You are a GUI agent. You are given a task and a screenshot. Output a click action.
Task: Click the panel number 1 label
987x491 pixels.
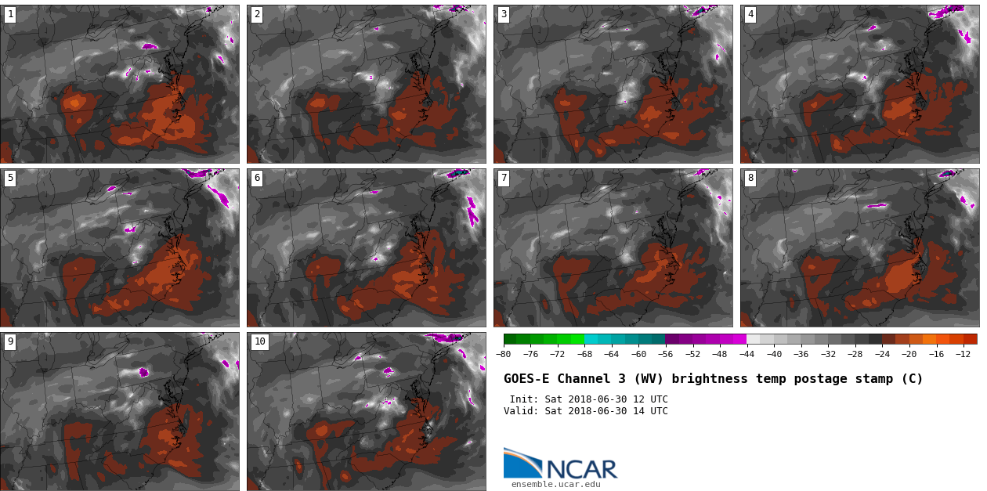tap(10, 14)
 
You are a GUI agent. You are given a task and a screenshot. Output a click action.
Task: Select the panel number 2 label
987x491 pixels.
tap(257, 14)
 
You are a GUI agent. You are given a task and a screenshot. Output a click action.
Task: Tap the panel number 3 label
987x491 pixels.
tap(504, 14)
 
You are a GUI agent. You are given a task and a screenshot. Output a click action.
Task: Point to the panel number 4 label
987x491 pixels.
tap(750, 14)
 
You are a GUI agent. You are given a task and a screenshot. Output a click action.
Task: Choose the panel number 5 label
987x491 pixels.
tap(10, 178)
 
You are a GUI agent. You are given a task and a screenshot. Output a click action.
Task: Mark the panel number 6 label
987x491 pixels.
tap(257, 178)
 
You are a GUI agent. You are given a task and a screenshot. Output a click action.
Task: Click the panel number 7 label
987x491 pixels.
tap(504, 178)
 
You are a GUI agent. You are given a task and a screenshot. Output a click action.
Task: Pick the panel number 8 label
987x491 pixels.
tap(750, 178)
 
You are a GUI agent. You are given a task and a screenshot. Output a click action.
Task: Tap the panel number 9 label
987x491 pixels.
tap(10, 341)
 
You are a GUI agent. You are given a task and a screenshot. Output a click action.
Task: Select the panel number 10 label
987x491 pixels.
tap(259, 341)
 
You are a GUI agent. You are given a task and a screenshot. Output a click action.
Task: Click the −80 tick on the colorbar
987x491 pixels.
tap(504, 354)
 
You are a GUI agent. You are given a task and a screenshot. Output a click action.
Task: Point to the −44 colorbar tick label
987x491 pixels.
tap(747, 354)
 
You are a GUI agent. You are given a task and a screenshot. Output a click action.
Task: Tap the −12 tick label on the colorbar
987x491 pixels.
tap(962, 354)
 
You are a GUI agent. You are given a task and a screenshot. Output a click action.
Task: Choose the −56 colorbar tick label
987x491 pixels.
tap(665, 354)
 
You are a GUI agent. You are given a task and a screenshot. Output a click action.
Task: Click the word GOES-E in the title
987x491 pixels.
tap(526, 379)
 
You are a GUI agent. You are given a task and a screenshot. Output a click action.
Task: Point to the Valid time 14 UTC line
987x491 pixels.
tap(586, 411)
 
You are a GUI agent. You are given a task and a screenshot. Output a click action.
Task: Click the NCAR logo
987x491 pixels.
tap(560, 464)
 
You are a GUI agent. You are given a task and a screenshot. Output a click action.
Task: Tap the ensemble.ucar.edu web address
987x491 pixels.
tap(556, 484)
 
